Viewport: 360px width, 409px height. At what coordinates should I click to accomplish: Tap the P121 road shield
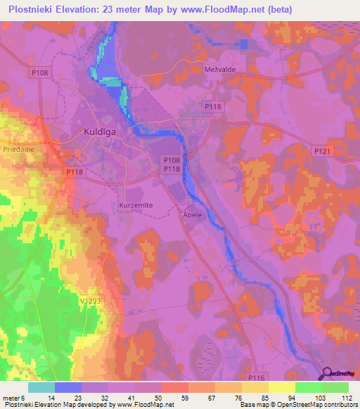[321, 150]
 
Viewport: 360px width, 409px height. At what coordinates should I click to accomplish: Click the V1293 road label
[90, 300]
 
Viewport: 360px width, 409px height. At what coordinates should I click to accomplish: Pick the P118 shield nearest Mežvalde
[212, 105]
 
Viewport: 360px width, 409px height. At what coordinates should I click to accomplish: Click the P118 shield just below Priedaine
[74, 171]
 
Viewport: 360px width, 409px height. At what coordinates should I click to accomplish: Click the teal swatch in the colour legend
[41, 387]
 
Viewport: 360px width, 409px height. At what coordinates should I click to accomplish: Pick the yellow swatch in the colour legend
[281, 387]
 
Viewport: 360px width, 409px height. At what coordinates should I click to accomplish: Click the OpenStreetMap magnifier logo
[326, 374]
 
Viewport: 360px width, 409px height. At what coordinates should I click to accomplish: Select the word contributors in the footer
[337, 405]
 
